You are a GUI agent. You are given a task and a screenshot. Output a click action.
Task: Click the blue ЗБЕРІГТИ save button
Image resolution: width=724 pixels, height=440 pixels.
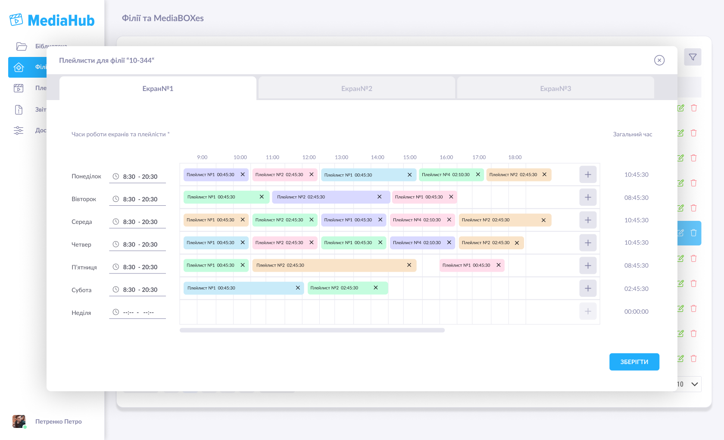click(634, 362)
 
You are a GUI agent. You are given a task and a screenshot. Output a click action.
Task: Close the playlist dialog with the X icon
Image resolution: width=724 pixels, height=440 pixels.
click(659, 60)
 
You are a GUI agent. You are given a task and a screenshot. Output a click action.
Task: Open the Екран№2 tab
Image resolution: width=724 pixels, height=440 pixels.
click(356, 88)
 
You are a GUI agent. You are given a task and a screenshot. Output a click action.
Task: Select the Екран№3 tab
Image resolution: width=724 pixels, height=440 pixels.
click(555, 88)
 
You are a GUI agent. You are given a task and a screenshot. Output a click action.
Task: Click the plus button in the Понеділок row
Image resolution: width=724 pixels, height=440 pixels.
click(588, 175)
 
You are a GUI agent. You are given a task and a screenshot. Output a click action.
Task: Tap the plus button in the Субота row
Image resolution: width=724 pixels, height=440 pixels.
click(588, 288)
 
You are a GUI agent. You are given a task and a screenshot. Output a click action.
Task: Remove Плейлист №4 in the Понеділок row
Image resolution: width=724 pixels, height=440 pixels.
click(478, 175)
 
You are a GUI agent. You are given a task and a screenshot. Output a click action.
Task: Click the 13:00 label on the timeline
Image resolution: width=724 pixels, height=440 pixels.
click(341, 157)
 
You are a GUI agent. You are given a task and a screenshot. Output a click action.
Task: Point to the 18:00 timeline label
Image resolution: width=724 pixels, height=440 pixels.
click(515, 157)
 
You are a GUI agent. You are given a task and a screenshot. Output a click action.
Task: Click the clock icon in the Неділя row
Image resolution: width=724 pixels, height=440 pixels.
click(116, 312)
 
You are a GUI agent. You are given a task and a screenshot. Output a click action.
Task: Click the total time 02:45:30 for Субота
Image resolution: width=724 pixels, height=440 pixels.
click(636, 289)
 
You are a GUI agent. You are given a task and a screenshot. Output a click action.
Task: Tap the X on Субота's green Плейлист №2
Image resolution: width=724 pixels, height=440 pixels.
click(375, 288)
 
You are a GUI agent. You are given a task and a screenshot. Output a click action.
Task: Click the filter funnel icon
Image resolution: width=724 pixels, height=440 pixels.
click(693, 57)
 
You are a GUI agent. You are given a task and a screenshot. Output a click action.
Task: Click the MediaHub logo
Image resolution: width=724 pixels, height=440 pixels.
click(52, 20)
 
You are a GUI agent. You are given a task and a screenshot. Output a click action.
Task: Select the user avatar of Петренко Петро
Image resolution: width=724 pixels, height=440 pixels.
click(19, 421)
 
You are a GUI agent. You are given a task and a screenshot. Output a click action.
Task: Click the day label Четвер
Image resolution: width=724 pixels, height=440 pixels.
click(81, 245)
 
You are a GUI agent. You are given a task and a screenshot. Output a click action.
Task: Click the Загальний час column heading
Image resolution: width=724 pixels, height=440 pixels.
click(632, 135)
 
